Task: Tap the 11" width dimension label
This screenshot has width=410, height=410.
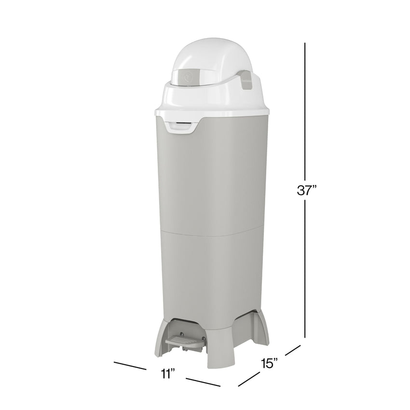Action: coord(167,373)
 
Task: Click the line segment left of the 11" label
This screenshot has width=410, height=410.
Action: coord(130,365)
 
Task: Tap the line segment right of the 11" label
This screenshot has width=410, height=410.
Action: coord(203,382)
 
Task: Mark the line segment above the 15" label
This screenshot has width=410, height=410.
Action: coord(292,350)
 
